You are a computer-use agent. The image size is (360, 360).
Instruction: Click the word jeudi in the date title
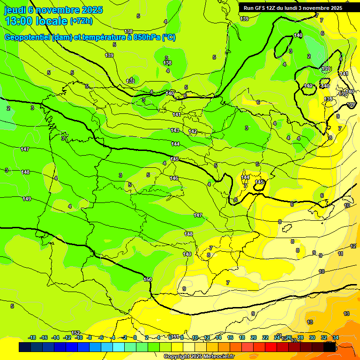[x=15, y=9]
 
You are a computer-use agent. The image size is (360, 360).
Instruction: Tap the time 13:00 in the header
[x=19, y=21]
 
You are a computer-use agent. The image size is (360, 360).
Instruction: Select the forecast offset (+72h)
[x=81, y=21]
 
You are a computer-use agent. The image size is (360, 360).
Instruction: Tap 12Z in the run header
[x=277, y=8]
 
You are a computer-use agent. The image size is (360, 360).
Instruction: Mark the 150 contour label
[x=148, y=279]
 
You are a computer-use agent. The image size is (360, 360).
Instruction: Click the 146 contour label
[x=174, y=178]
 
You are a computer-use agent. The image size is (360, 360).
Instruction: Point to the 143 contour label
[x=175, y=130]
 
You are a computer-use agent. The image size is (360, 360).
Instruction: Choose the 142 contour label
[x=193, y=131]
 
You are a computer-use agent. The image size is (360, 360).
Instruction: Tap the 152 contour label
[x=75, y=333]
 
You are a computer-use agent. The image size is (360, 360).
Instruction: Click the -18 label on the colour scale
[x=32, y=337]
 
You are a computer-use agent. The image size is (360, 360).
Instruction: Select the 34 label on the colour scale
[x=336, y=337]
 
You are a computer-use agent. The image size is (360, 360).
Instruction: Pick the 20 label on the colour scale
[x=254, y=337]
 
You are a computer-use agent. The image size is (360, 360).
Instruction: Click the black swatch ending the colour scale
[x=330, y=347]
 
